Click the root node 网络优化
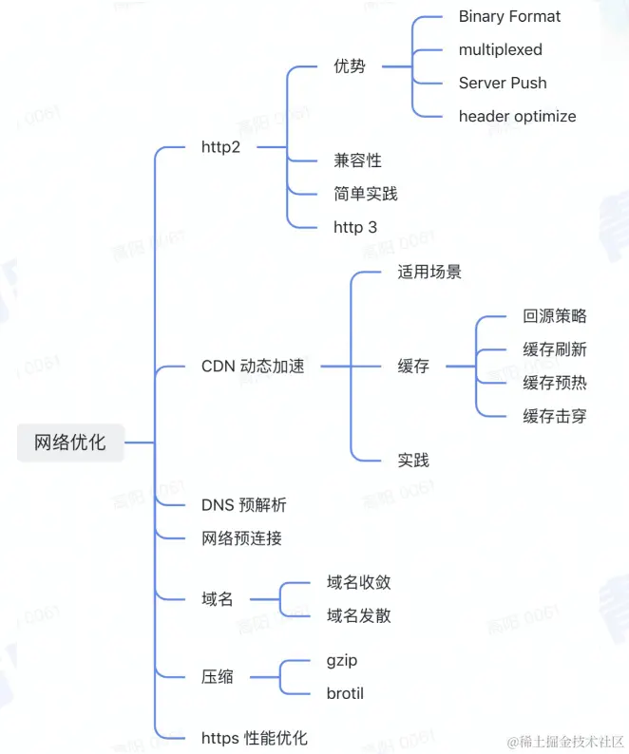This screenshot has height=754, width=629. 70,443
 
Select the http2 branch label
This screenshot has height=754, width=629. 220,147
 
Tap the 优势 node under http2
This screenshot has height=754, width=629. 349,66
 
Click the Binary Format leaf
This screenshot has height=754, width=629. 509,16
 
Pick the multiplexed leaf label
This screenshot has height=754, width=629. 500,49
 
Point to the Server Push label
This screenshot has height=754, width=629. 503,83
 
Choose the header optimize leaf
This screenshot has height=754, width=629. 517,116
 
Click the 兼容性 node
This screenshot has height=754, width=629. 357,160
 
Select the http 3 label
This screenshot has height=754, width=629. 354,227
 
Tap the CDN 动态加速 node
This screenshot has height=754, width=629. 253,366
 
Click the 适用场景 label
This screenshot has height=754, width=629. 429,272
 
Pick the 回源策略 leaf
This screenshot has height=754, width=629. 554,316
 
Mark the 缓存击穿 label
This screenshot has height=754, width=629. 554,416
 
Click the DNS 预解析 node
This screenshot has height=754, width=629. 243,504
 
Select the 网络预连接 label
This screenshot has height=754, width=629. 241,538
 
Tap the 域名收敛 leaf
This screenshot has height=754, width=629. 358,582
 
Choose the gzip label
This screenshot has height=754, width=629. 342,660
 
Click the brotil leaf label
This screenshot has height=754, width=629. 345,693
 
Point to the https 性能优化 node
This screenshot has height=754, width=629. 254,738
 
